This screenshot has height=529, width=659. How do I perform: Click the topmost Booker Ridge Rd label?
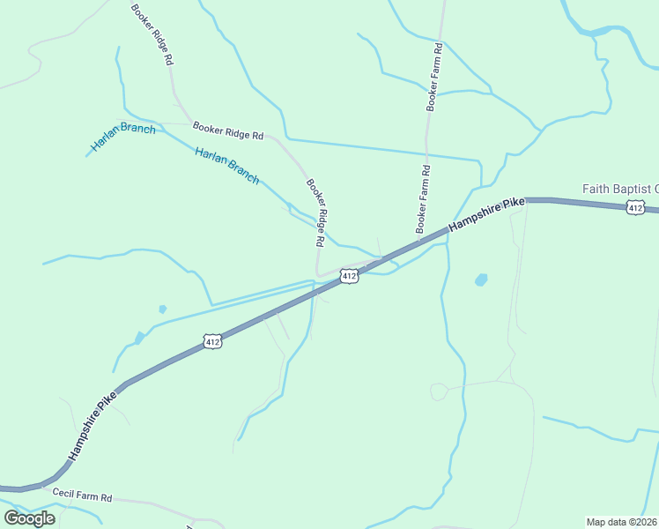pyautogui.click(x=151, y=36)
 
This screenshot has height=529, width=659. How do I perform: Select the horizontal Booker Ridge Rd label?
pyautogui.click(x=228, y=131)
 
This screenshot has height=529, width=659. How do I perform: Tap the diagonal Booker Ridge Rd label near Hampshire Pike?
pyautogui.click(x=317, y=212)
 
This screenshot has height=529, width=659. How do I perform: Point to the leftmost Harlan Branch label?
pyautogui.click(x=123, y=137)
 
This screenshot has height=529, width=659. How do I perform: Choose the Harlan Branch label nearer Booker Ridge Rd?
pyautogui.click(x=227, y=165)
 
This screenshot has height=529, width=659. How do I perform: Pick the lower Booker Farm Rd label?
pyautogui.click(x=423, y=198)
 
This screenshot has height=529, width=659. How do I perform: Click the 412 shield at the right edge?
pyautogui.click(x=635, y=207)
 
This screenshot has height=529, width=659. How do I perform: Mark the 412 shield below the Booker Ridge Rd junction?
pyautogui.click(x=350, y=277)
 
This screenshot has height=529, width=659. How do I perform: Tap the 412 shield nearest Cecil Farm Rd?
pyautogui.click(x=211, y=340)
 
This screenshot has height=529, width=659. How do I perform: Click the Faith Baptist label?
pyautogui.click(x=620, y=189)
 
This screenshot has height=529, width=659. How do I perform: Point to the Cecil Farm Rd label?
pyautogui.click(x=82, y=496)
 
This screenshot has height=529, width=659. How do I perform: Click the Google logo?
pyautogui.click(x=29, y=518)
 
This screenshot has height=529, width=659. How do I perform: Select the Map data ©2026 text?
pyautogui.click(x=622, y=521)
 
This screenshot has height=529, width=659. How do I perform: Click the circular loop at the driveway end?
pyautogui.click(x=438, y=391)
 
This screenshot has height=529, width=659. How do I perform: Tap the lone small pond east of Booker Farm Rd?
pyautogui.click(x=481, y=280)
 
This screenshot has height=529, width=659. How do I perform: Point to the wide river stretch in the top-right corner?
pyautogui.click(x=608, y=32)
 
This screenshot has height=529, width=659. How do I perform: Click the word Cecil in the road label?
pyautogui.click(x=63, y=494)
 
